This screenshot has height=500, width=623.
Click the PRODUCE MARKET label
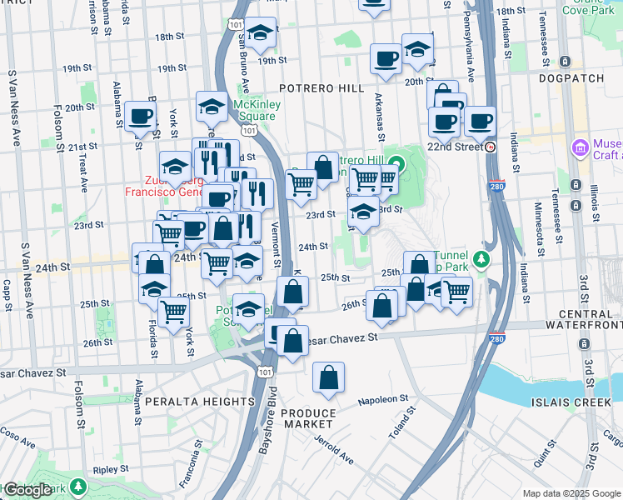click(308, 419)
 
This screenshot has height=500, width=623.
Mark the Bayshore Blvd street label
click(268, 433)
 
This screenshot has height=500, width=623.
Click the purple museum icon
click(580, 147)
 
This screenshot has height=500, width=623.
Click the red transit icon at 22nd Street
click(491, 147)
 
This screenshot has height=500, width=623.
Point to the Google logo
click(27, 490)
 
